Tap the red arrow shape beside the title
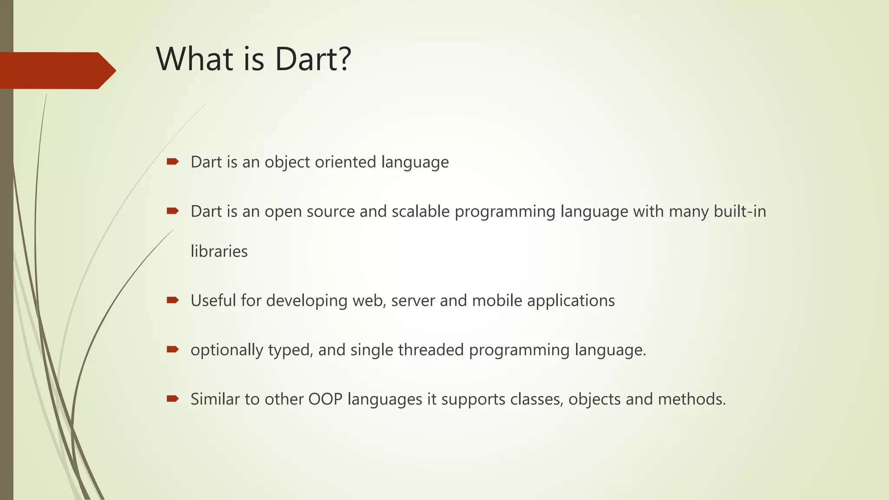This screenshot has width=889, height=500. pyautogui.click(x=56, y=70)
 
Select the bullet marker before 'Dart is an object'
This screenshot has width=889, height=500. pyautogui.click(x=173, y=162)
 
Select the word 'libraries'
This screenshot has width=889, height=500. pyautogui.click(x=219, y=251)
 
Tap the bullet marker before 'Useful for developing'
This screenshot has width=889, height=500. pyautogui.click(x=173, y=300)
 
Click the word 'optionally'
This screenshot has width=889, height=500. pyautogui.click(x=227, y=350)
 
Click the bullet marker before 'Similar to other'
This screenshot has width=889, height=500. pyautogui.click(x=173, y=399)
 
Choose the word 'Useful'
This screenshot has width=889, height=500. pyautogui.click(x=213, y=300)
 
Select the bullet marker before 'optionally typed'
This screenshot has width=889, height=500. pyautogui.click(x=173, y=349)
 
